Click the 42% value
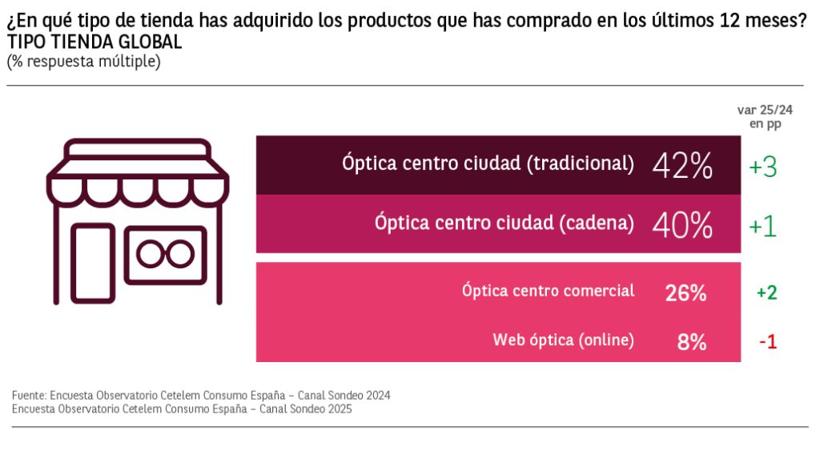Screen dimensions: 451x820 coord(682,165)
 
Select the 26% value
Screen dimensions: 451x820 coord(685,293)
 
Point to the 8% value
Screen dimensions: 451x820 coord(691,342)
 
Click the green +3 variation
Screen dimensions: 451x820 coord(763,167)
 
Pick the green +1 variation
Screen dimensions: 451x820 coord(763,226)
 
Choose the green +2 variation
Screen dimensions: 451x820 coord(766,293)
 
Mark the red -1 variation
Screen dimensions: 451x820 coord(768,342)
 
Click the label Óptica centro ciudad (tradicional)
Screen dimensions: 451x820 coord(488,164)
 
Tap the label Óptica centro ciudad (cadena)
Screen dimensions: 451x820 coord(504,223)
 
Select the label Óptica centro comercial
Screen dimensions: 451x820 coord(548,291)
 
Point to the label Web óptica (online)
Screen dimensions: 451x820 coord(563,340)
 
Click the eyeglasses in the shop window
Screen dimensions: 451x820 coord(164,253)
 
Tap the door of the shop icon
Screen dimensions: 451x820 coord(93,262)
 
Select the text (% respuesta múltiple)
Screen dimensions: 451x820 coord(83,61)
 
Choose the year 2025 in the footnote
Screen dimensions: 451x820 coord(339,409)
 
